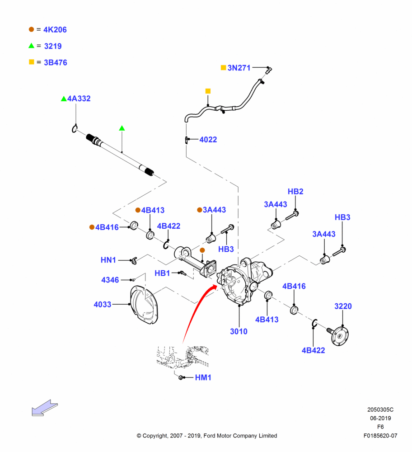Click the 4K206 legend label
point(55,30)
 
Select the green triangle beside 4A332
point(64,99)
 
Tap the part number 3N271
point(239,68)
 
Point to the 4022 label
point(208,140)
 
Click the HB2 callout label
point(295,191)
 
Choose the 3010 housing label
point(239,331)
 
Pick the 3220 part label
point(343,306)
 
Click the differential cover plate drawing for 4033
point(144,305)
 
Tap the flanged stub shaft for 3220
point(338,335)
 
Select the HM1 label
point(203,377)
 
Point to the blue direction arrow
point(45,408)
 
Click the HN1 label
point(108,260)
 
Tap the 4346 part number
point(110,280)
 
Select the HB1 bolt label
point(162,273)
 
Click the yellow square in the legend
point(32,62)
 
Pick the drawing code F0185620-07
point(380,436)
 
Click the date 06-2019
point(380,418)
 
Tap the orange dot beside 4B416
point(92,227)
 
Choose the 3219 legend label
point(53,46)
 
